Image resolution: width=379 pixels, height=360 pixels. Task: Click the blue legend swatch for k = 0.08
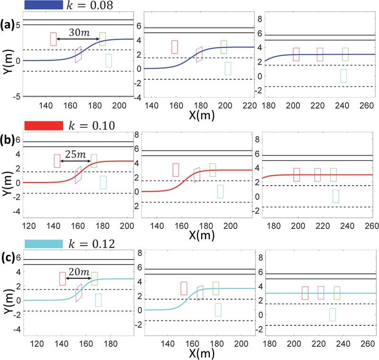click(43, 5)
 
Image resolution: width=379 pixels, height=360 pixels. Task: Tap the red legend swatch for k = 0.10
click(43, 126)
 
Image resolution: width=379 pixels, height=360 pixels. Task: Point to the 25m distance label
click(76, 155)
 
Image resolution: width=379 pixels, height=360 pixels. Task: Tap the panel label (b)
click(8, 142)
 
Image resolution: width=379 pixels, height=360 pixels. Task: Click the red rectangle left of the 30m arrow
click(54, 39)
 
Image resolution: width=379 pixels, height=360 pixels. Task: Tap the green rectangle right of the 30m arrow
click(102, 39)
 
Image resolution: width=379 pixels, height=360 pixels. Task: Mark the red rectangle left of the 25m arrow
click(57, 161)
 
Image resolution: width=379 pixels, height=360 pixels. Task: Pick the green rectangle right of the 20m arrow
click(94, 279)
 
